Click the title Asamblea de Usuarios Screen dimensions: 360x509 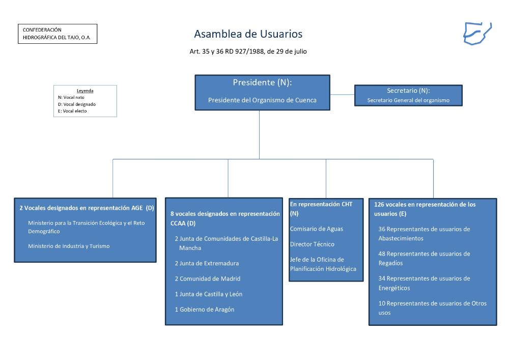tap(248, 34)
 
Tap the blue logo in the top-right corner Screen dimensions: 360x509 tap(477, 33)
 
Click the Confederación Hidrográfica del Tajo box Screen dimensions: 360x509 tap(58, 34)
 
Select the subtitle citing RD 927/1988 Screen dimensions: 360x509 tap(248, 51)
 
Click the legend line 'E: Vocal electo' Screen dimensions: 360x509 tap(72, 110)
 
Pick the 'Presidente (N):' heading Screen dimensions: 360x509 tap(262, 82)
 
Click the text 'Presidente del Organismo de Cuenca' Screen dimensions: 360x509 tap(262, 100)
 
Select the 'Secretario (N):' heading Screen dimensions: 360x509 tap(408, 91)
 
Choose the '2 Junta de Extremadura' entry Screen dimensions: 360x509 tap(207, 263)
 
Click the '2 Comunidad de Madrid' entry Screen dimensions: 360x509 tap(208, 279)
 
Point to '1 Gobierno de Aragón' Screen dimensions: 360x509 tap(205, 309)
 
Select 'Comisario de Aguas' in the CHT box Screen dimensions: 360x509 tap(312, 229)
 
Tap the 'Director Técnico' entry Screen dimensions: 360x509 tap(312, 244)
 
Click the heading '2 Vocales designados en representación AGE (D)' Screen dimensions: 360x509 tap(86, 208)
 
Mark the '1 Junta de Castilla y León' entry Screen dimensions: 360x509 tap(208, 294)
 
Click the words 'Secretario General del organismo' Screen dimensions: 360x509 tap(408, 100)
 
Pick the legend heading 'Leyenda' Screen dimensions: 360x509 tap(85, 91)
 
